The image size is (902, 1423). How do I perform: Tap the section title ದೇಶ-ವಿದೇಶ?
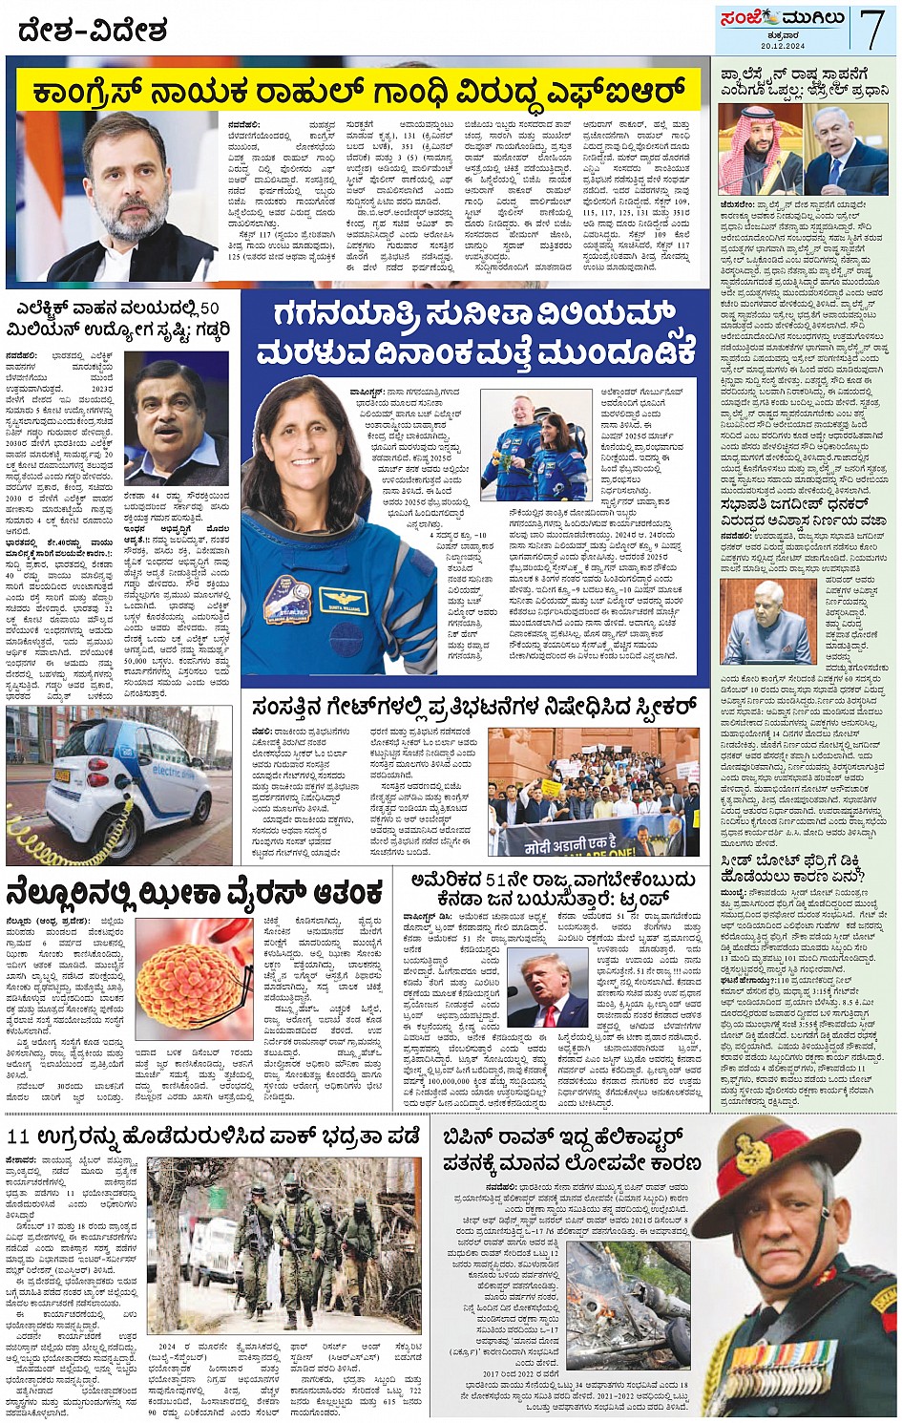[x=92, y=31]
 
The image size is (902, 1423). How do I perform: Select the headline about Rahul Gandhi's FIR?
[x=358, y=94]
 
